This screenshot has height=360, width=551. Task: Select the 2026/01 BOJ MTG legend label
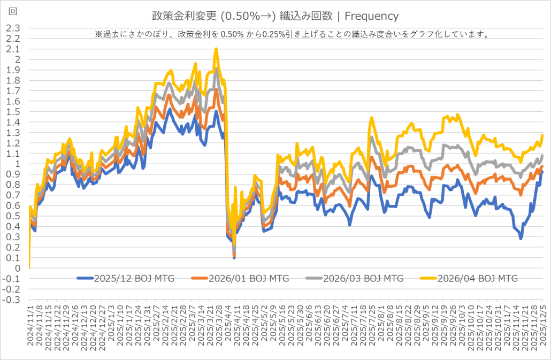248,278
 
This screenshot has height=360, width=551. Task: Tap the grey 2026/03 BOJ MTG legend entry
363,278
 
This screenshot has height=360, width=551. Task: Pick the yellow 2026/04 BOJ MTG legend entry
477,278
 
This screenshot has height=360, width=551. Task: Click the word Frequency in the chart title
376,16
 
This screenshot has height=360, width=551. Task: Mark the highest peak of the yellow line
216,49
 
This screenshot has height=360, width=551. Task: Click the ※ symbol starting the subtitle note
98,34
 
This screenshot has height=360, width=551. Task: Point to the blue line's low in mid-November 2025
521,239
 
